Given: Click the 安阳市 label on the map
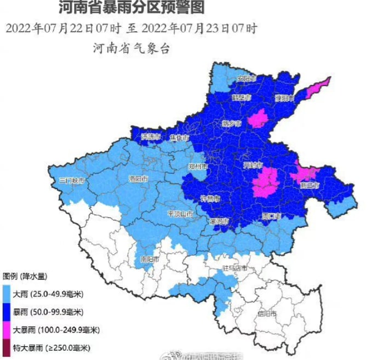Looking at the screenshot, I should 247,79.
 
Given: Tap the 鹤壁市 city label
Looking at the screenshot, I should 241,98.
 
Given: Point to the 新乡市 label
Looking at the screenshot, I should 231,123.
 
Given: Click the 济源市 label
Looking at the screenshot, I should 151,136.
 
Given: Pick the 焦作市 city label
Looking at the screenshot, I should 179,136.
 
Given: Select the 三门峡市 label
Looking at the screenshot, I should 72,180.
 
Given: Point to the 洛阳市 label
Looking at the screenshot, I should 138,179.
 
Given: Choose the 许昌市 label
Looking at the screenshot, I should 210,198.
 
